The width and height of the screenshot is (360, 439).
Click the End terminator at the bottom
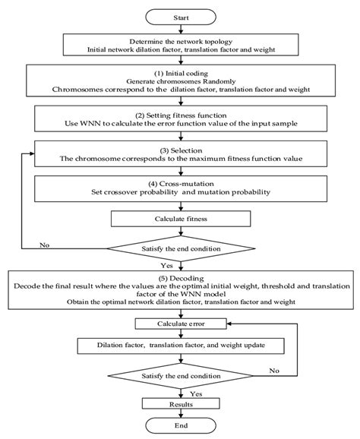(x=180, y=425)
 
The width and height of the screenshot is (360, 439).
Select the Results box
(x=180, y=405)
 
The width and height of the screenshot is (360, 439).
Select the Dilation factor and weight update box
(x=180, y=346)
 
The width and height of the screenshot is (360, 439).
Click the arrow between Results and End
(x=180, y=414)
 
